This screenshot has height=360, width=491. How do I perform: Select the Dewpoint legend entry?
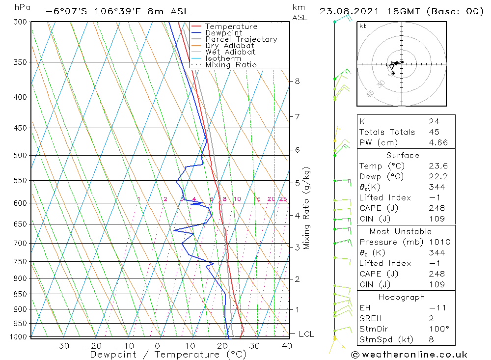(x=223, y=33)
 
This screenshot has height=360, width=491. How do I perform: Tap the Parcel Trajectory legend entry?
(x=241, y=39)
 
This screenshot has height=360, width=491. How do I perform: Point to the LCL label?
(x=306, y=334)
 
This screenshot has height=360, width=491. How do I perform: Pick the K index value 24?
(x=434, y=121)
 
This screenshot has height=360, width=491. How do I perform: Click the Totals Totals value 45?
(x=434, y=132)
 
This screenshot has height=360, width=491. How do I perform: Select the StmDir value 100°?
(x=436, y=329)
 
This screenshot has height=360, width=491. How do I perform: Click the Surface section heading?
(x=403, y=155)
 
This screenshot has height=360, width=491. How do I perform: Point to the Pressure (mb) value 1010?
(x=437, y=242)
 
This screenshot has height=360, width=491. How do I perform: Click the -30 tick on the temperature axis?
(x=60, y=345)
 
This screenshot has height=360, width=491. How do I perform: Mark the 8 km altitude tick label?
(x=297, y=81)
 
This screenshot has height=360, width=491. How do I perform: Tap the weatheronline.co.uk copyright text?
(x=409, y=354)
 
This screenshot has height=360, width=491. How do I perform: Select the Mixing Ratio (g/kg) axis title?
(x=307, y=208)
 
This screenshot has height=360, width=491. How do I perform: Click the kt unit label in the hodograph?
(x=363, y=26)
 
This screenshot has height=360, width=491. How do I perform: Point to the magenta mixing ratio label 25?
(x=283, y=199)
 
